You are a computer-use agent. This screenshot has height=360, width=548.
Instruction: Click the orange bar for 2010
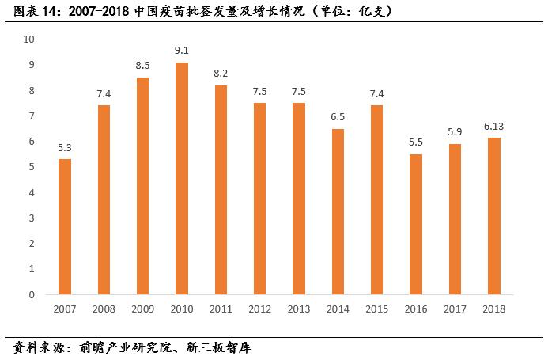pos(182,178)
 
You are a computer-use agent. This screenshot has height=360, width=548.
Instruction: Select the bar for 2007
pos(65,226)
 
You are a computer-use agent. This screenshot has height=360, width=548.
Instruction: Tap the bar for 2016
pos(416,224)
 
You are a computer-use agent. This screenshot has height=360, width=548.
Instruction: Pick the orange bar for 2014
pos(338,211)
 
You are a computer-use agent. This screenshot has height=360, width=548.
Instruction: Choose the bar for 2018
pos(494,216)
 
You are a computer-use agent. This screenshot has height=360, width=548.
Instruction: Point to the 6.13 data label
pos(494,127)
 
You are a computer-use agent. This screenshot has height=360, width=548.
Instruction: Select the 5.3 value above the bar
pos(65,147)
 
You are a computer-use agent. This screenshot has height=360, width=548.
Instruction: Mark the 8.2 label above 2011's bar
pos(221,74)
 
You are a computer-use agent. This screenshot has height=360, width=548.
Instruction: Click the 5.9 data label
pos(455,132)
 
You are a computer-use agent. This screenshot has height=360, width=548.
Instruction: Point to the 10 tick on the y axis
pos(29,39)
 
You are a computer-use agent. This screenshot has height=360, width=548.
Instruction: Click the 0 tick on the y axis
pos(32,294)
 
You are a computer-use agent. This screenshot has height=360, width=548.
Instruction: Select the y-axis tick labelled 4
pos(32,192)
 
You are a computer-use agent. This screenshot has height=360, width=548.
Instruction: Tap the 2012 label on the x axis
pos(259,309)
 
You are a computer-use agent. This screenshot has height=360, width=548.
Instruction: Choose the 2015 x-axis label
pos(376,309)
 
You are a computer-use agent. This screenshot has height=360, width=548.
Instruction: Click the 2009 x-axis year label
pos(143,309)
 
